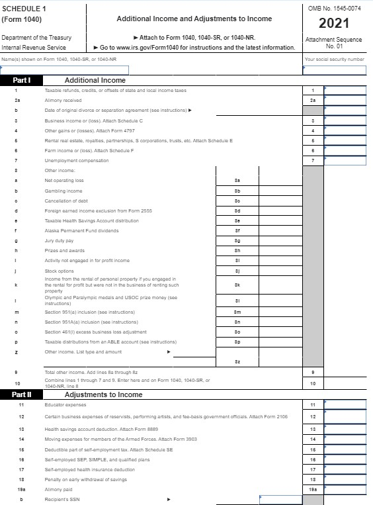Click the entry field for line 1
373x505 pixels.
345,90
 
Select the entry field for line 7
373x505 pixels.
345,160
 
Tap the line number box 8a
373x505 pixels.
237,180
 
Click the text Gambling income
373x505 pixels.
63,190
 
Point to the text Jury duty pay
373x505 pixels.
59,240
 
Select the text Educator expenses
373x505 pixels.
65,404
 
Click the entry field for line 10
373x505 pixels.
345,383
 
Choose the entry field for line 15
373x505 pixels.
345,449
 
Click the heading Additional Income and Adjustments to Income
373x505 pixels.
194,19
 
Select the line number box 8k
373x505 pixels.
237,285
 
